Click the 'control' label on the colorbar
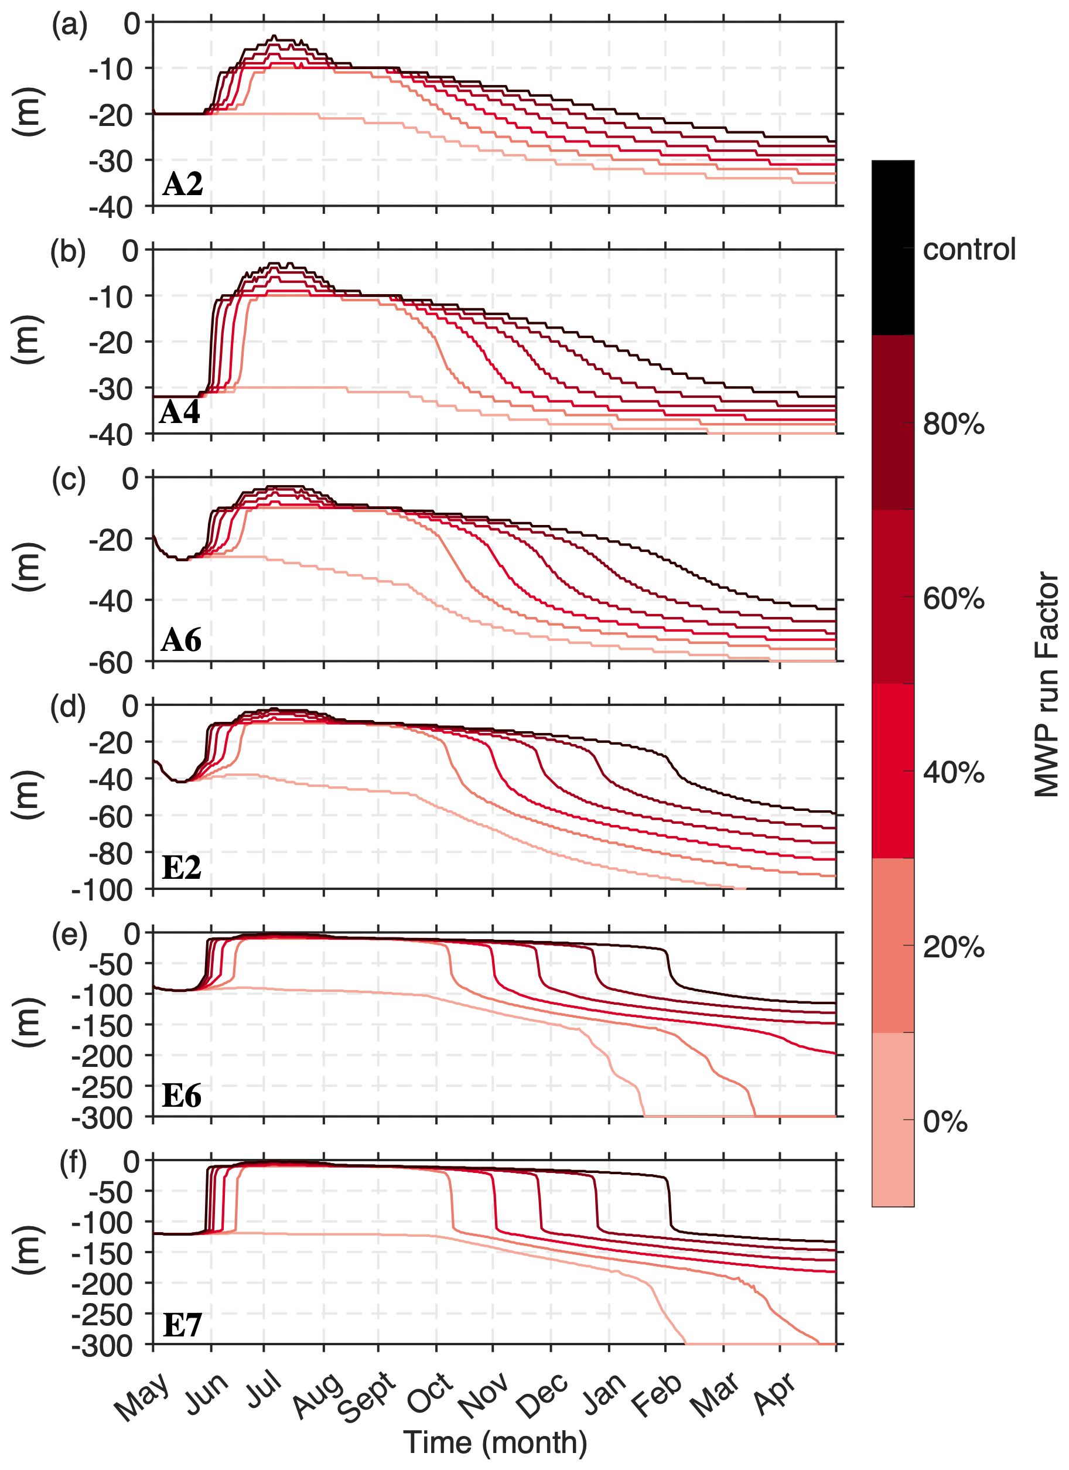coord(969,250)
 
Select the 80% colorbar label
coord(953,425)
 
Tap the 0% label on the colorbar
coord(945,1121)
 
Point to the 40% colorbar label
coord(953,773)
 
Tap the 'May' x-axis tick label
coord(142,1394)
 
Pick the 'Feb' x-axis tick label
coord(658,1393)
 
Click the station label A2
coord(183,184)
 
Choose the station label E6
coord(182,1096)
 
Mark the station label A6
coord(182,640)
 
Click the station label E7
coord(182,1324)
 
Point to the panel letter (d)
coord(68,707)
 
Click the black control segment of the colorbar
coord(893,248)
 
